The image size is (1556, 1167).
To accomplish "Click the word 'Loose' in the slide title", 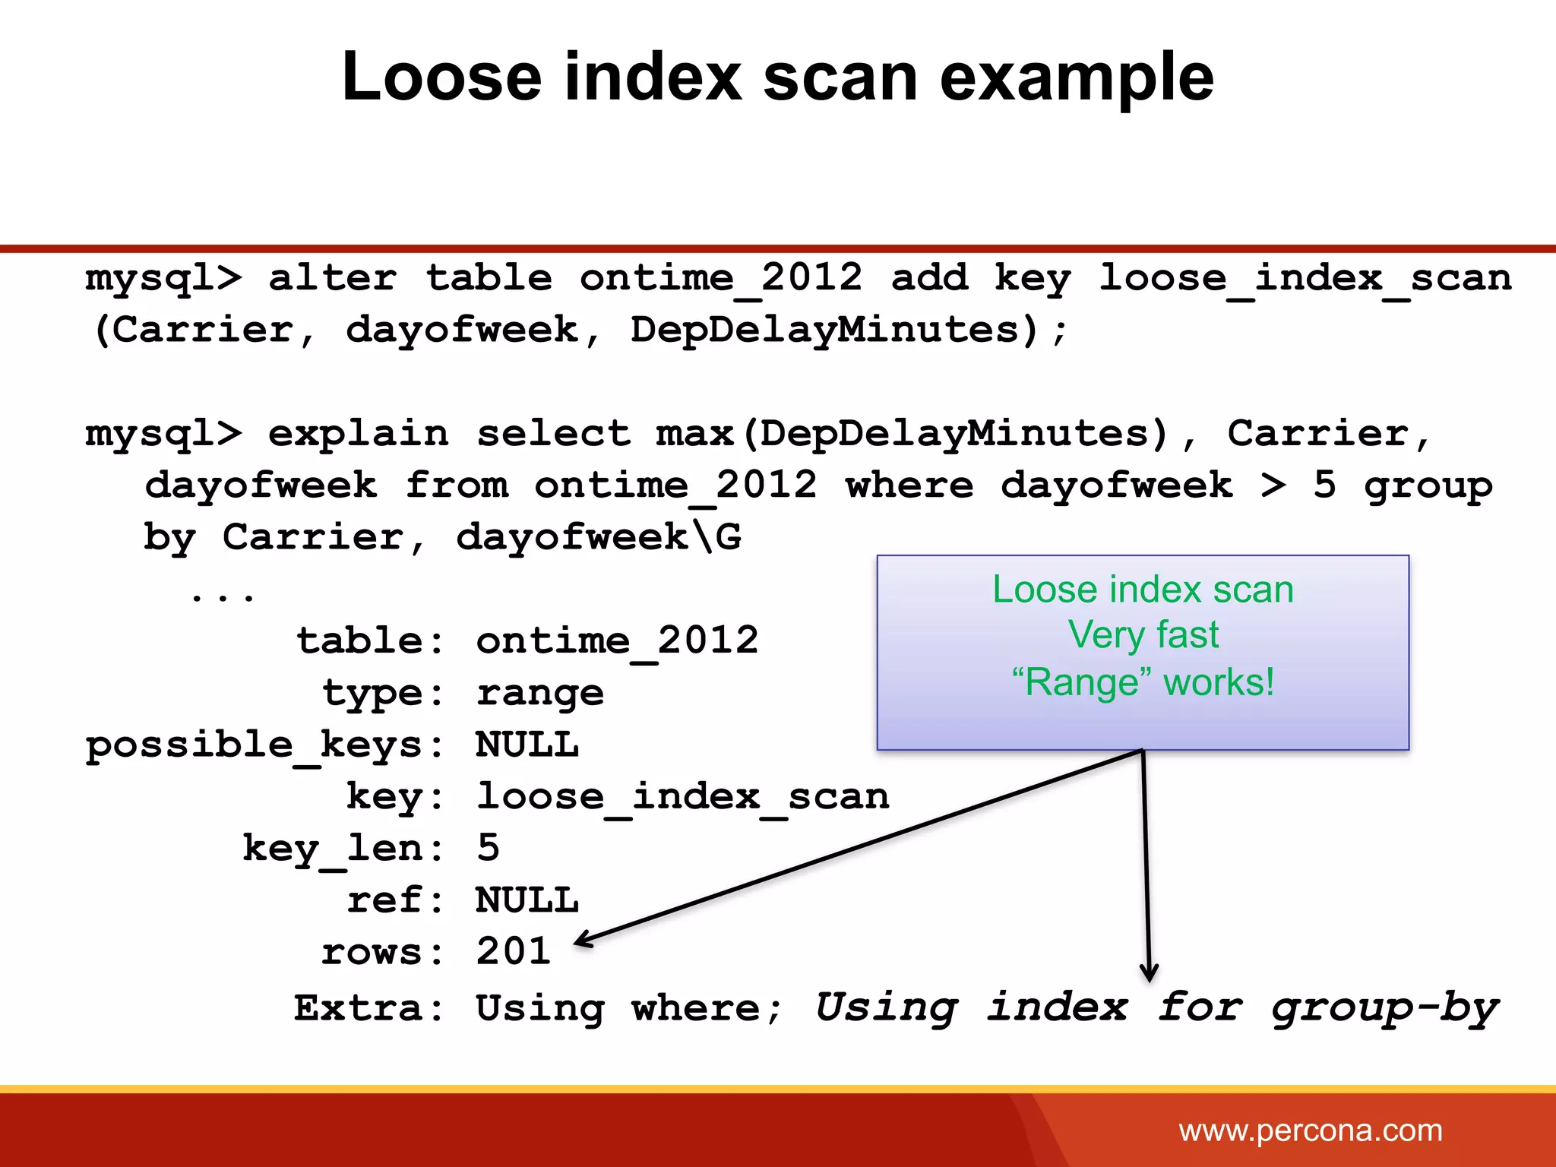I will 441,77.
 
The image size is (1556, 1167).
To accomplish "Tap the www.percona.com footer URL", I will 1310,1131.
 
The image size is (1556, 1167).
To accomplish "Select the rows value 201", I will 513,951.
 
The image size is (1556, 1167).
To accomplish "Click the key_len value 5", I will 488,847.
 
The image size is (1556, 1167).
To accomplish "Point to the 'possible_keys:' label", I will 264,745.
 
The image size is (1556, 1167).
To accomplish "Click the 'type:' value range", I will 539,693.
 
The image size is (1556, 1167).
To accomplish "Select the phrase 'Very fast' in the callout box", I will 1143,635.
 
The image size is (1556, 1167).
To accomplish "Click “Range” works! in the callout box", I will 1143,682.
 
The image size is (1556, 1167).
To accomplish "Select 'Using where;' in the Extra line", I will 628,1009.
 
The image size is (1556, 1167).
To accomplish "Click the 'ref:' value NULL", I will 527,900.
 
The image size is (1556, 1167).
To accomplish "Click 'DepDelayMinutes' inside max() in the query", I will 963,434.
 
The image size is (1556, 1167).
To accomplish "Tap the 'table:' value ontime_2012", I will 616,640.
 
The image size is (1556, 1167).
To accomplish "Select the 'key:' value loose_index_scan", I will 682,797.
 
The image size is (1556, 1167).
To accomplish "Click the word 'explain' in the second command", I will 358,434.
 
